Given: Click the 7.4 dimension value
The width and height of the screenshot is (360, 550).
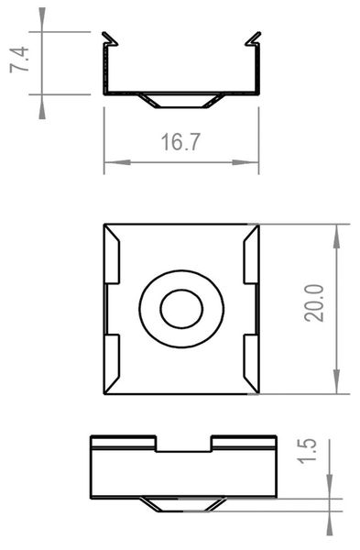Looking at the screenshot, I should (x=27, y=61).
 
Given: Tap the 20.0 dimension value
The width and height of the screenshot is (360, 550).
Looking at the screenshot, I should (x=314, y=302).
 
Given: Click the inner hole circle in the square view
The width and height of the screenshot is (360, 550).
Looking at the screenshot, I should (x=181, y=310).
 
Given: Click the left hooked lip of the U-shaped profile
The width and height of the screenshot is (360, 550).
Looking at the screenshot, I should (x=110, y=39).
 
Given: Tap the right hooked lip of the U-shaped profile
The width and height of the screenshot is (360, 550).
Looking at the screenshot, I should (x=253, y=39).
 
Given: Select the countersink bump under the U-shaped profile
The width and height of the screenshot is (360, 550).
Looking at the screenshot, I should (x=181, y=99).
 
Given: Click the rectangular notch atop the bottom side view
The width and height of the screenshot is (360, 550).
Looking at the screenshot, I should (x=183, y=443).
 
